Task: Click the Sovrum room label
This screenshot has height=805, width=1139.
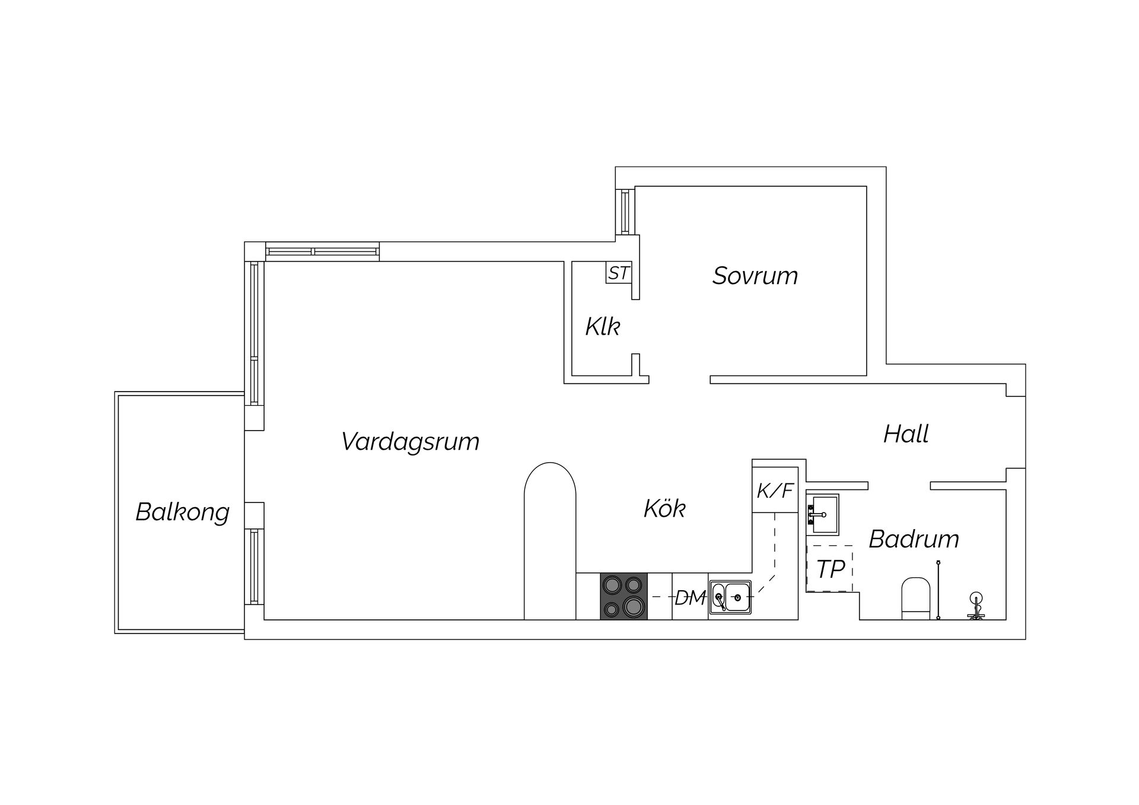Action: pyautogui.click(x=755, y=276)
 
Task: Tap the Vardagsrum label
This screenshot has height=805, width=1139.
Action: pyautogui.click(x=410, y=442)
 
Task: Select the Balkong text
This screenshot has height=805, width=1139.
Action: pyautogui.click(x=182, y=512)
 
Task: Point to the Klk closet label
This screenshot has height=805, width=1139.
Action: pyautogui.click(x=602, y=327)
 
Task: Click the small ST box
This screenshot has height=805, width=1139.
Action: pyautogui.click(x=619, y=273)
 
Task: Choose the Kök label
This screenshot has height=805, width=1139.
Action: pyautogui.click(x=664, y=509)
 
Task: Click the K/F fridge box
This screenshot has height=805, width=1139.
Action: pyautogui.click(x=775, y=491)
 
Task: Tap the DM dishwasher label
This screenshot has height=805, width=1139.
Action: pyautogui.click(x=690, y=598)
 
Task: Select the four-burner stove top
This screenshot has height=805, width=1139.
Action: pyautogui.click(x=623, y=596)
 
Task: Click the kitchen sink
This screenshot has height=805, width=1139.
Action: pyautogui.click(x=730, y=597)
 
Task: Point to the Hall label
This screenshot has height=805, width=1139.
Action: pyautogui.click(x=906, y=434)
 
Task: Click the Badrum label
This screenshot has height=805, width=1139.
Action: pyautogui.click(x=914, y=539)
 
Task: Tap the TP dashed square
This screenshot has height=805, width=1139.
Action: pyautogui.click(x=830, y=569)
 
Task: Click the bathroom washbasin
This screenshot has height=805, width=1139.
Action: pyautogui.click(x=822, y=514)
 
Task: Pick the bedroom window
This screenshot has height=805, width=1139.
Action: pyautogui.click(x=625, y=212)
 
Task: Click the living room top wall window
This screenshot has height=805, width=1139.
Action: pyautogui.click(x=322, y=252)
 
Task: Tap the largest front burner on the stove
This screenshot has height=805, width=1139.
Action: pyautogui.click(x=634, y=606)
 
